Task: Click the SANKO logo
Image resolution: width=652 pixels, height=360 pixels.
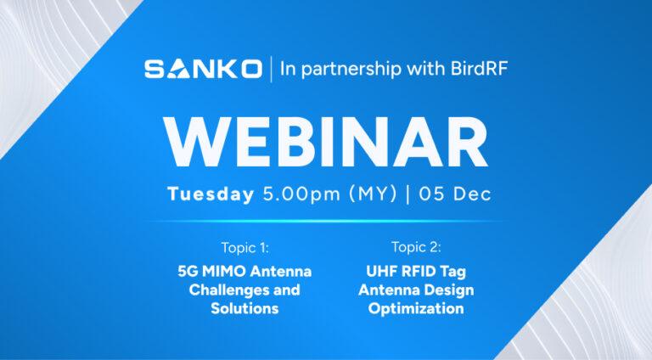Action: coord(204,69)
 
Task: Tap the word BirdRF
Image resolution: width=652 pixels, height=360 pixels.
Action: coord(480,68)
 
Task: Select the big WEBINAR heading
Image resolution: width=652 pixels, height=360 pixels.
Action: coord(326,142)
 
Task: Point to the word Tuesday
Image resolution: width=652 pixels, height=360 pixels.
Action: coord(211,194)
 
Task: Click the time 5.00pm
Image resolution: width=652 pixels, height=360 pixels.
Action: coord(301,194)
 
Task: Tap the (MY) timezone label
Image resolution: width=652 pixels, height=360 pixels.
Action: coord(373,194)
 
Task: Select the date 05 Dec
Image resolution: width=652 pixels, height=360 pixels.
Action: coord(455,194)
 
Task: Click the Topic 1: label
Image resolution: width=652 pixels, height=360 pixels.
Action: coord(245,248)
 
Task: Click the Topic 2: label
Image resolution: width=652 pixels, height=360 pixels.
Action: coord(416,247)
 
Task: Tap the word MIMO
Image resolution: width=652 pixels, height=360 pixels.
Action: coord(224,272)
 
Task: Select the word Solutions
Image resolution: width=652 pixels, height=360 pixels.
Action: coord(244,308)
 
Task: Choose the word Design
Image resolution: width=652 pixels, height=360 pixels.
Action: coord(450,290)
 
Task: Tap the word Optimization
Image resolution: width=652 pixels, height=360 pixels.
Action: coord(416,309)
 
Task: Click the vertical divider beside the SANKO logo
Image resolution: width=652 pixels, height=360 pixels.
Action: coord(272,69)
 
